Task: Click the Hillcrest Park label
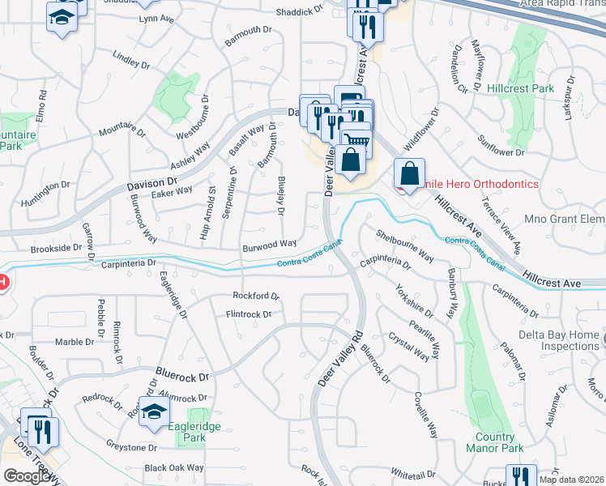pos(521,87)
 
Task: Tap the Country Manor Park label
pos(494,442)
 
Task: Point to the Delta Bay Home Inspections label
pos(549,340)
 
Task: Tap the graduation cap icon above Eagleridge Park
pos(153,412)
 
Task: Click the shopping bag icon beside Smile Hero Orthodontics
pos(410,173)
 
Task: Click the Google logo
pos(28,475)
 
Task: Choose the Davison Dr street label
pos(151,186)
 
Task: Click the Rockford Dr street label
pos(255,296)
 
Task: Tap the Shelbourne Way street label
pos(404,245)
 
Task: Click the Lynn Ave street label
pos(157,18)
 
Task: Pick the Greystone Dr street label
pos(131,446)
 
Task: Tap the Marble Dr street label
pos(75,342)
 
